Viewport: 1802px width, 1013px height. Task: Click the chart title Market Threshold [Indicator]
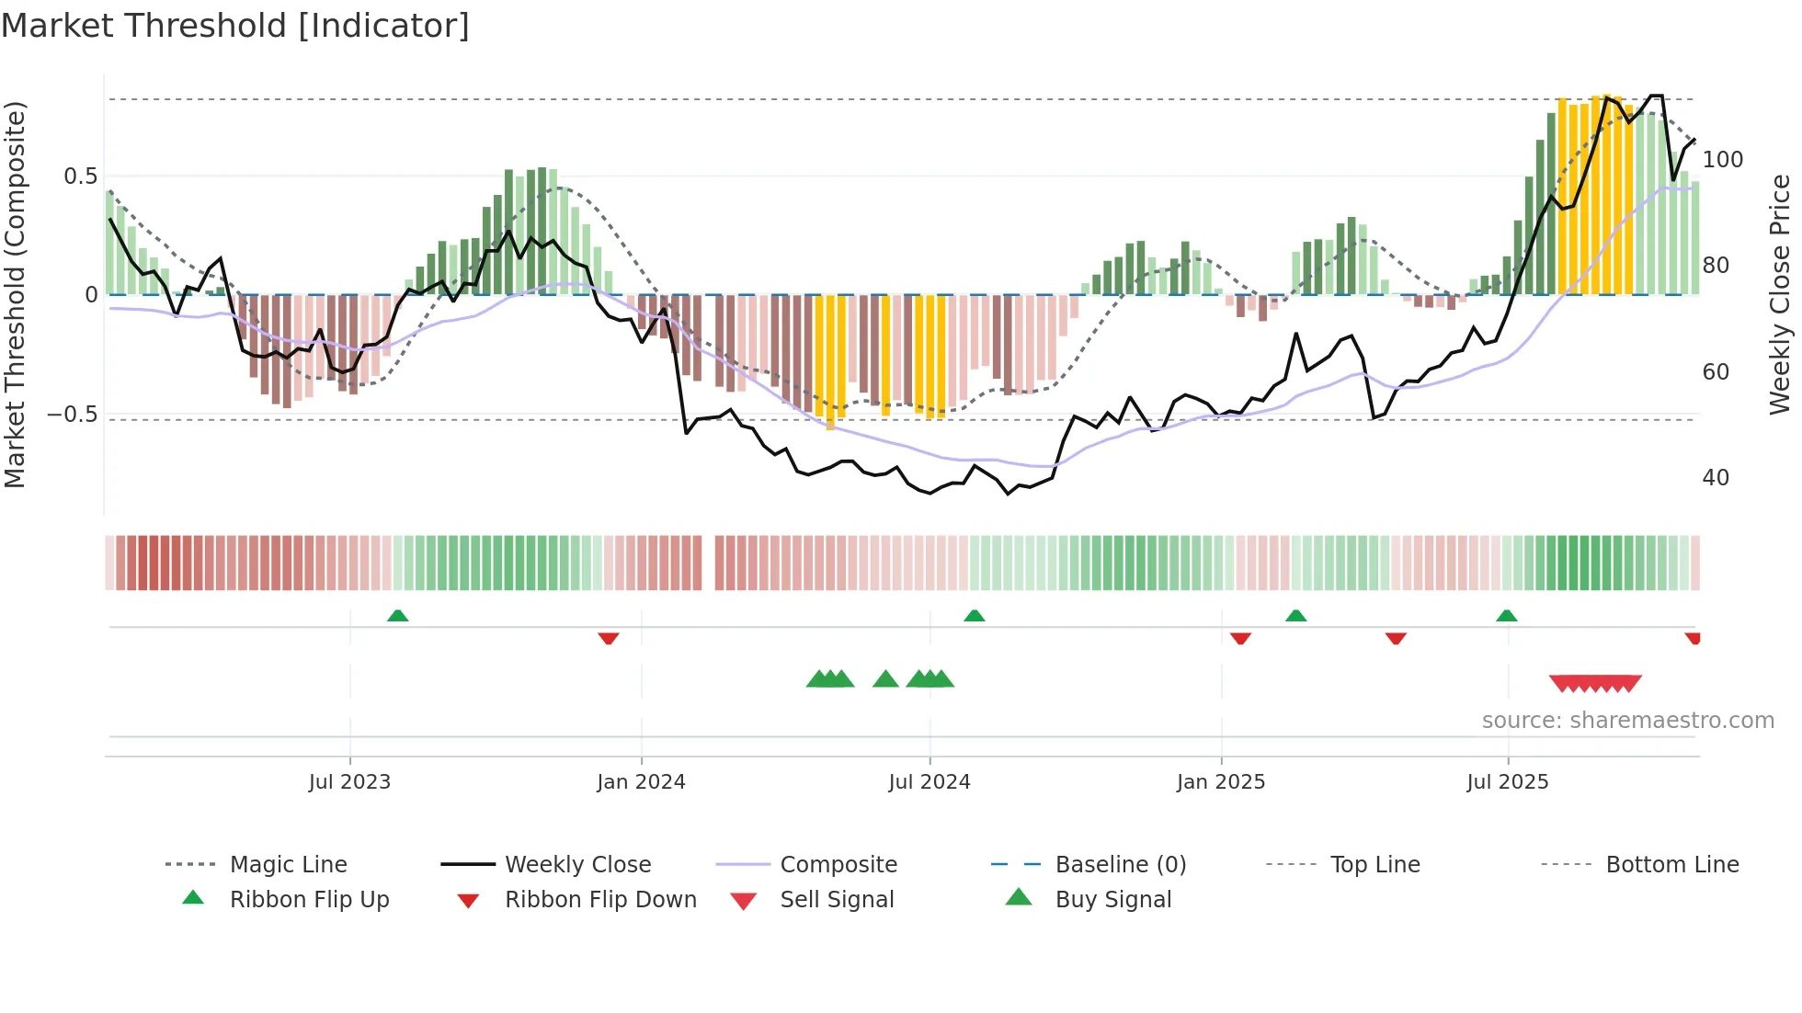click(235, 26)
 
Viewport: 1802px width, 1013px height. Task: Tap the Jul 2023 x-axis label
click(349, 782)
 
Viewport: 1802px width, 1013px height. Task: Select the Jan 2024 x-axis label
click(641, 782)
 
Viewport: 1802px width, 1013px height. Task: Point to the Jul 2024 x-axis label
click(929, 782)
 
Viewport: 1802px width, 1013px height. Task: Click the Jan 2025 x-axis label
click(1220, 782)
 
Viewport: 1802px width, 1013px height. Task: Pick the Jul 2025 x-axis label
click(1507, 782)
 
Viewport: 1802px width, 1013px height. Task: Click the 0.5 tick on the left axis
click(81, 176)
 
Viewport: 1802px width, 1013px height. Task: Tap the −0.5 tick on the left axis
click(73, 415)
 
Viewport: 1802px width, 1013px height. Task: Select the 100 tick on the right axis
click(1722, 160)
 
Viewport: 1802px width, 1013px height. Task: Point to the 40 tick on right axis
click(1716, 478)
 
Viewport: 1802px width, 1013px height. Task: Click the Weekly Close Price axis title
click(1780, 294)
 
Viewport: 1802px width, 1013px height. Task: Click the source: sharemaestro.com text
click(1627, 721)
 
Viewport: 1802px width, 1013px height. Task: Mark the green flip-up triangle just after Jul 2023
click(397, 616)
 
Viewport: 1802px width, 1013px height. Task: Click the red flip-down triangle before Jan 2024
click(608, 638)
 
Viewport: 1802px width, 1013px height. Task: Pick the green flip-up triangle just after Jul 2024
click(974, 616)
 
